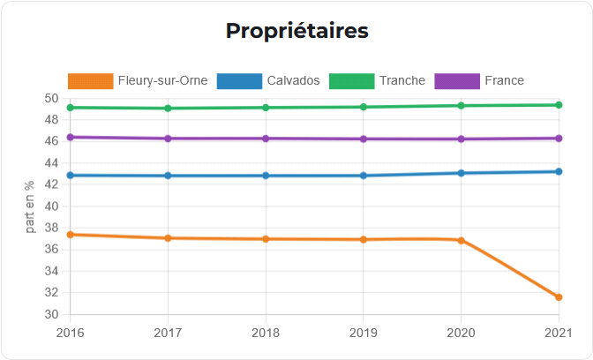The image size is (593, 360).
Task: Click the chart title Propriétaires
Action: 296,31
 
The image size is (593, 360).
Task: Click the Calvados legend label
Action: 293,80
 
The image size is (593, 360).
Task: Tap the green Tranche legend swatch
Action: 351,80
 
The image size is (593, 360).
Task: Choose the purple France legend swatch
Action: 457,80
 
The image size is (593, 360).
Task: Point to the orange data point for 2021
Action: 559,297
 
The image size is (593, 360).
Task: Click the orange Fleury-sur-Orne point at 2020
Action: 461,240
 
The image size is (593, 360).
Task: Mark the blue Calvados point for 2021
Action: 559,171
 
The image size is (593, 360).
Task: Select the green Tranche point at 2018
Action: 266,108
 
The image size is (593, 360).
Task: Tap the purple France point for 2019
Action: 364,139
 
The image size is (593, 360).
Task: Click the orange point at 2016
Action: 71,235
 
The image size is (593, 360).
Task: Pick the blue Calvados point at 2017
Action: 168,176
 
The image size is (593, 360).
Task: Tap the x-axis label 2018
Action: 266,333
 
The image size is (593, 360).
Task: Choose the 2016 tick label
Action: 71,333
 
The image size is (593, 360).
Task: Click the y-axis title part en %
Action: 30,206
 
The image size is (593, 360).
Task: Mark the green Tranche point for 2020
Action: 461,106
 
